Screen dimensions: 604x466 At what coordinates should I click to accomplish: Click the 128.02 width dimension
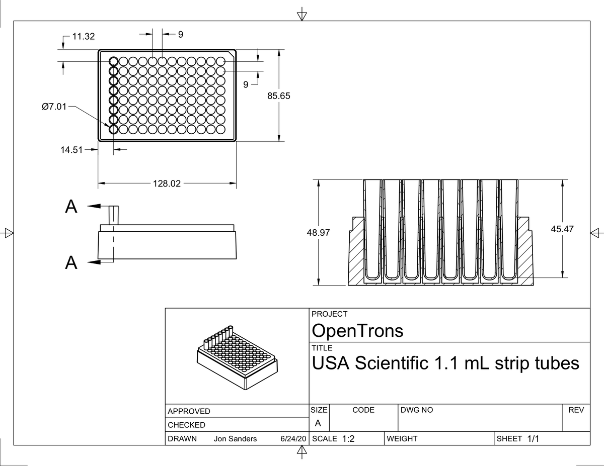pyautogui.click(x=167, y=183)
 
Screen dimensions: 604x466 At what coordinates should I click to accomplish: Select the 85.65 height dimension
pyautogui.click(x=279, y=96)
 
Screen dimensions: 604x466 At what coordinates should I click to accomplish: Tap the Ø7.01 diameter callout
pyautogui.click(x=54, y=106)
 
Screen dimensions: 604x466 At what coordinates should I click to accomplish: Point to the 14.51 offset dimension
pyautogui.click(x=71, y=150)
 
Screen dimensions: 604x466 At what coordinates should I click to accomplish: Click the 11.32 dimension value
pyautogui.click(x=84, y=36)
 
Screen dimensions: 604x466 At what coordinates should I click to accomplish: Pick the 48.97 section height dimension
pyautogui.click(x=318, y=233)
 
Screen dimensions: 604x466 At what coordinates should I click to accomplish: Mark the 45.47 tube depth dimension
pyautogui.click(x=562, y=229)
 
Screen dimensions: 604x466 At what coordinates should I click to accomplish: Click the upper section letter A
pyautogui.click(x=71, y=207)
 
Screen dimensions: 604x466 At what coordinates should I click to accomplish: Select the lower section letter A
pyautogui.click(x=71, y=262)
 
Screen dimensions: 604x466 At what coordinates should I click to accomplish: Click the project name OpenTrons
pyautogui.click(x=357, y=331)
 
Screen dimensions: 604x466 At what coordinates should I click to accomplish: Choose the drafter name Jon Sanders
pyautogui.click(x=235, y=439)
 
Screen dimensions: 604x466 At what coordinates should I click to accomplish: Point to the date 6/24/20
pyautogui.click(x=293, y=439)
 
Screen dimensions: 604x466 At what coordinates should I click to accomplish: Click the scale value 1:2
pyautogui.click(x=348, y=439)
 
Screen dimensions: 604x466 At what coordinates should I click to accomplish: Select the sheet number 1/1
pyautogui.click(x=533, y=439)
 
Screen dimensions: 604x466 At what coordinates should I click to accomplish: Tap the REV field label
pyautogui.click(x=576, y=410)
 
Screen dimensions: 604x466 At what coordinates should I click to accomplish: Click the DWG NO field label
pyautogui.click(x=417, y=410)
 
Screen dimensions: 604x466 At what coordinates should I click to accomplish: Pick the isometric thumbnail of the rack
pyautogui.click(x=238, y=357)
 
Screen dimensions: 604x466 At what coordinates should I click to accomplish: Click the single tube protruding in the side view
pyautogui.click(x=113, y=215)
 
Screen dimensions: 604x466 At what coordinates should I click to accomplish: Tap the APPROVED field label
pyautogui.click(x=189, y=411)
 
